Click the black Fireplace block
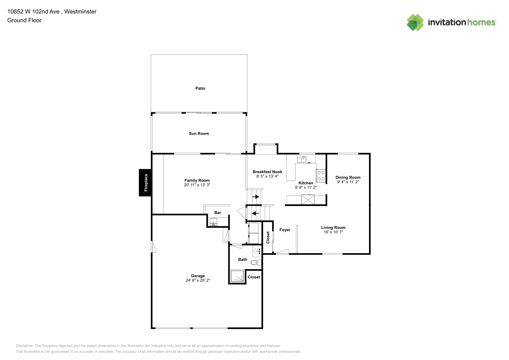(145, 183)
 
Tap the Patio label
(200, 88)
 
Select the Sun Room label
(199, 134)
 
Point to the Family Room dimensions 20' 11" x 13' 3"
(197, 185)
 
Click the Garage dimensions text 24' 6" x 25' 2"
(198, 280)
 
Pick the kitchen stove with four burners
(321, 176)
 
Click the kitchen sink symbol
(302, 159)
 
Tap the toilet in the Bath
(256, 263)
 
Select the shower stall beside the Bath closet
(237, 276)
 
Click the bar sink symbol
(213, 222)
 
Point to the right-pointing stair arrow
(256, 197)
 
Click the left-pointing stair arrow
(256, 213)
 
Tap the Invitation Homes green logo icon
(415, 22)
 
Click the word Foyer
(285, 230)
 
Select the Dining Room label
(348, 177)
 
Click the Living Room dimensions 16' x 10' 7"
(333, 232)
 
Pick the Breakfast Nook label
(267, 172)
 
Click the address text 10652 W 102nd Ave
(33, 12)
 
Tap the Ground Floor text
(24, 20)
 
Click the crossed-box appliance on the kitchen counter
(308, 199)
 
